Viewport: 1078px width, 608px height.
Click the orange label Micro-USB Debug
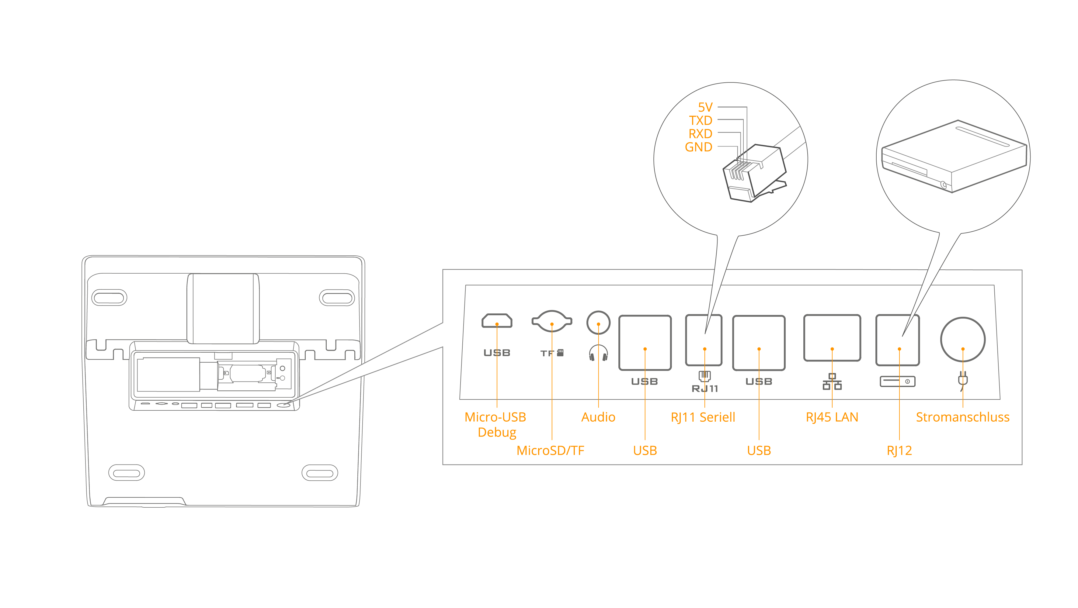tap(496, 424)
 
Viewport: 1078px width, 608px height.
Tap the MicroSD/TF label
tap(550, 450)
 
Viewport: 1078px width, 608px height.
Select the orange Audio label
tap(598, 417)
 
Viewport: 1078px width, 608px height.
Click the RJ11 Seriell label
tap(703, 417)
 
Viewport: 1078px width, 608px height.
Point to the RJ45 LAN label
tap(832, 417)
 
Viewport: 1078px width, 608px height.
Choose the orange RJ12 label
tap(899, 450)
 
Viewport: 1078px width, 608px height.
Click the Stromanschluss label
tap(962, 417)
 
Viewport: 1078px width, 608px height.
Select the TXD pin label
tap(701, 120)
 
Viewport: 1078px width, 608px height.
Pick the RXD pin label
tap(700, 134)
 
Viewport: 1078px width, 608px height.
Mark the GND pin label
tap(698, 147)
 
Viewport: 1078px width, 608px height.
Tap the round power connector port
tap(962, 339)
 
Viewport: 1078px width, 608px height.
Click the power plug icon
tap(962, 381)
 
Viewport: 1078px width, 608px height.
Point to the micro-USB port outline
tap(497, 321)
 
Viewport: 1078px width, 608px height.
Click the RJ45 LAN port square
tap(832, 338)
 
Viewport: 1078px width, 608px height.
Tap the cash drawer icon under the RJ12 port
tap(897, 381)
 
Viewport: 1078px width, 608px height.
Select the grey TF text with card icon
tap(551, 353)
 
